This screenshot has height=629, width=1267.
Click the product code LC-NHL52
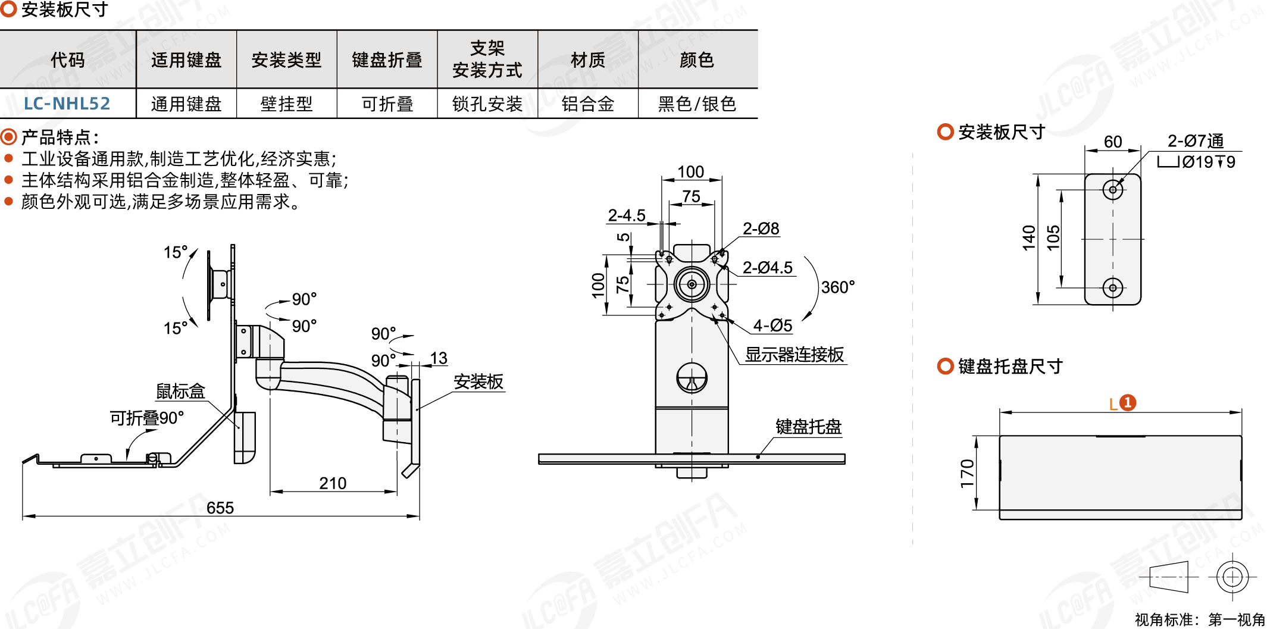coord(67,104)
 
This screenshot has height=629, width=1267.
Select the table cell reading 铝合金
coord(588,104)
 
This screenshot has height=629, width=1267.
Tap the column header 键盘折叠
coord(387,60)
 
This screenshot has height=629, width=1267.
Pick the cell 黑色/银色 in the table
coord(697,104)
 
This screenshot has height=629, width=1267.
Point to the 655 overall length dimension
coord(220,508)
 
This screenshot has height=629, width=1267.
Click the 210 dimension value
coord(333,483)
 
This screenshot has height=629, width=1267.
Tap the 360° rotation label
coord(838,287)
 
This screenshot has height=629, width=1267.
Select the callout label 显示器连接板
coord(794,355)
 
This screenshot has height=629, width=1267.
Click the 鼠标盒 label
coord(180,391)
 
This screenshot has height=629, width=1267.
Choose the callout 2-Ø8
coord(761,229)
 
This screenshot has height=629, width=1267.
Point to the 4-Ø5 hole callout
coord(772,326)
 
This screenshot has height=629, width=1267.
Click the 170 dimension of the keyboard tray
coord(968,473)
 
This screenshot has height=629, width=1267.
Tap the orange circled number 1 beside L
coord(1128,403)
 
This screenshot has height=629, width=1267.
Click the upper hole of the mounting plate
coord(1113,190)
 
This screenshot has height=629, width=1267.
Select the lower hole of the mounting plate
coord(1113,288)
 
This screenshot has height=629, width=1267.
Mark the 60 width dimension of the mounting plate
coord(1113,142)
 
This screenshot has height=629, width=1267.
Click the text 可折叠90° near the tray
coord(147,418)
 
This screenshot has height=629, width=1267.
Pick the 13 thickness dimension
coord(439,358)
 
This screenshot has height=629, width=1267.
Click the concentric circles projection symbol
coord(1232,577)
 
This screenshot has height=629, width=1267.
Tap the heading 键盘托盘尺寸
coord(1011,366)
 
